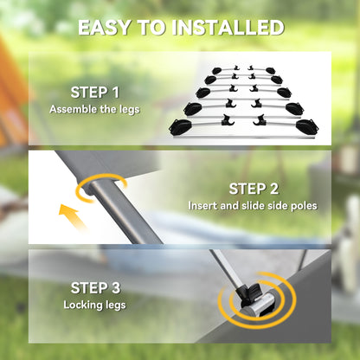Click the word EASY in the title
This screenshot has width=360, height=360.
(104, 28)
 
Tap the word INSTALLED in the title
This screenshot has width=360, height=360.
(228, 28)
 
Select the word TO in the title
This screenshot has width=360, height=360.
(151, 28)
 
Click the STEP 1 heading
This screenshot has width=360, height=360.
(94, 93)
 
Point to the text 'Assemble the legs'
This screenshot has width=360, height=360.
(94, 109)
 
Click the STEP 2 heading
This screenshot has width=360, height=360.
(254, 189)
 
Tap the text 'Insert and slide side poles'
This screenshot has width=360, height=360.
(253, 206)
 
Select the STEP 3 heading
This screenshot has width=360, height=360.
(95, 288)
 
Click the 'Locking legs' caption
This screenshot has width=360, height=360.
(94, 305)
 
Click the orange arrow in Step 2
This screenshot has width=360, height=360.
(72, 217)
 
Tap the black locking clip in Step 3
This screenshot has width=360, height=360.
(248, 294)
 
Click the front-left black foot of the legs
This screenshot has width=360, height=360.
(180, 127)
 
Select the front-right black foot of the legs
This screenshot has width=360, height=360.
(307, 126)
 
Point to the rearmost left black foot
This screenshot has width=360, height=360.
(217, 71)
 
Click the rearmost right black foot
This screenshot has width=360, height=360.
(271, 71)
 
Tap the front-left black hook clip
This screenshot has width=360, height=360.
(228, 120)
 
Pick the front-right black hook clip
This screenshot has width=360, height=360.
(260, 120)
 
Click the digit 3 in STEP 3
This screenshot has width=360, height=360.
(115, 288)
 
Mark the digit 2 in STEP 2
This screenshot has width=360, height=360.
(274, 189)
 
